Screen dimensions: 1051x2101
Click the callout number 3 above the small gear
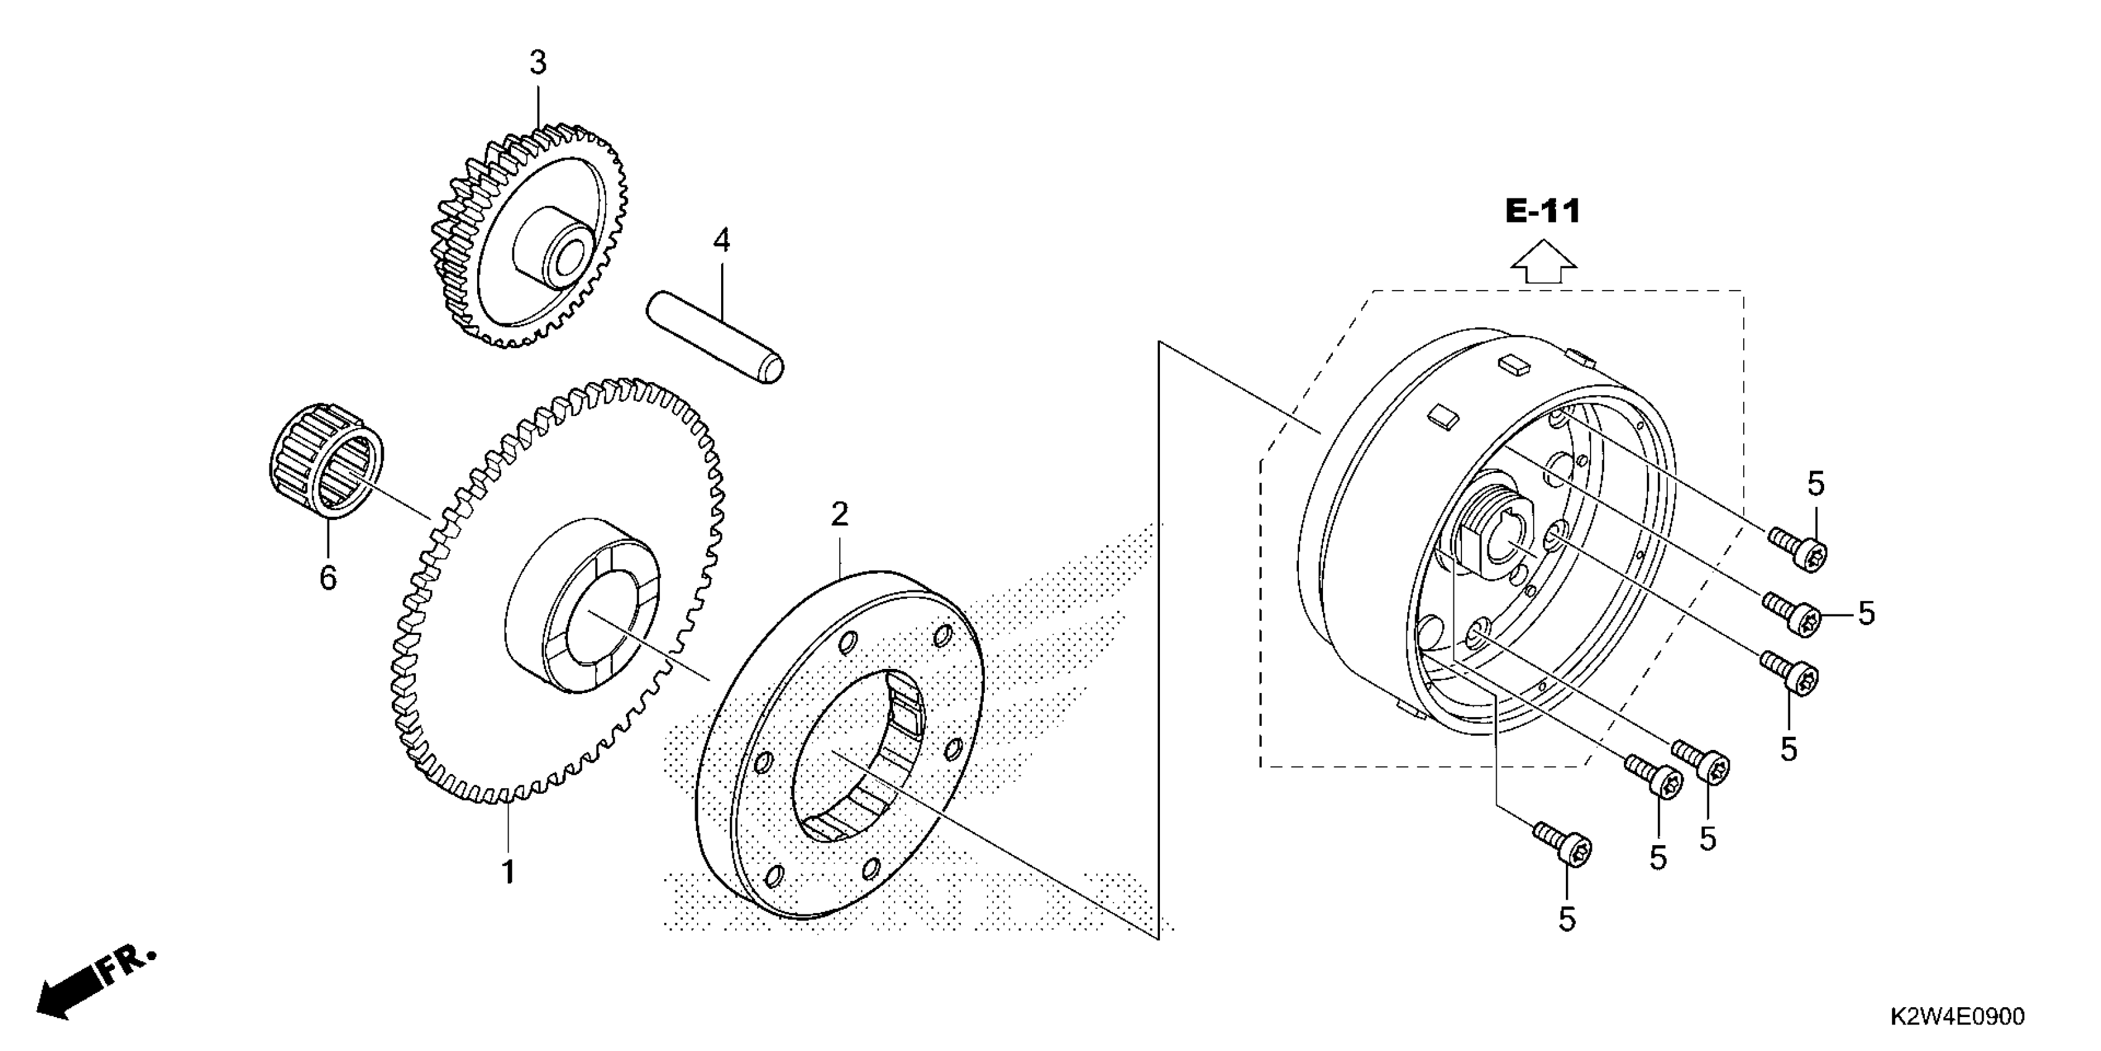[x=538, y=63]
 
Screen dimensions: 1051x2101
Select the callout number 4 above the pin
[x=721, y=240]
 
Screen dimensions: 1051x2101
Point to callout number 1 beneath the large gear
[x=508, y=872]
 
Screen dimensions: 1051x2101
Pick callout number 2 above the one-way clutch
[x=839, y=514]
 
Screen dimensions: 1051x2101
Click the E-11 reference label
[x=1542, y=212]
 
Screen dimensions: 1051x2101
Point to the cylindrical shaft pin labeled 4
[x=714, y=334]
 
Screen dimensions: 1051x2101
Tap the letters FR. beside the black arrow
[x=127, y=967]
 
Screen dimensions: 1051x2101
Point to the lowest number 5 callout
[x=1566, y=920]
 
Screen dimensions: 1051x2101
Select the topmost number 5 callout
[x=1816, y=484]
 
